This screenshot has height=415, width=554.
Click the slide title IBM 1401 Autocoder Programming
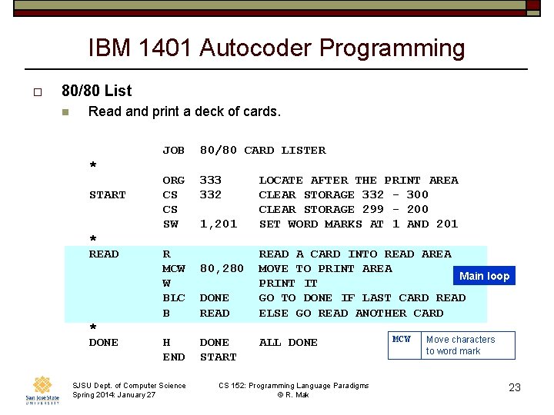click(276, 48)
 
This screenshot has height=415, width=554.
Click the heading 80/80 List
click(96, 91)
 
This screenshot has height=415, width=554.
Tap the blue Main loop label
click(484, 276)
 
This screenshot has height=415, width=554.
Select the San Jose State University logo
click(42, 390)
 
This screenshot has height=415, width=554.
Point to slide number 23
click(515, 387)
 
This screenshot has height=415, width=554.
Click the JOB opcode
click(173, 151)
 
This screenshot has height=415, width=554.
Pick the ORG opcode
click(173, 181)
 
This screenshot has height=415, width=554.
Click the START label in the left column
click(107, 195)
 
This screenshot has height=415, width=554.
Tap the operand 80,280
click(222, 269)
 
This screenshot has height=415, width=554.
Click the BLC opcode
click(173, 298)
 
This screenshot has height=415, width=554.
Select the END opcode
click(173, 357)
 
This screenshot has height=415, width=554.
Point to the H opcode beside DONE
click(166, 343)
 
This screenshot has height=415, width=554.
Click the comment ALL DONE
click(288, 343)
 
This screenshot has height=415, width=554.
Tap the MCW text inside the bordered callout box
click(402, 339)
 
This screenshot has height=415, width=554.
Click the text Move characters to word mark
click(460, 345)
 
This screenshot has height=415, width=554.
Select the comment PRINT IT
click(288, 284)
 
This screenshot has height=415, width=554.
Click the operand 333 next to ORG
click(210, 181)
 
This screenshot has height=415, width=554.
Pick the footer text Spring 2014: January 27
click(114, 395)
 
